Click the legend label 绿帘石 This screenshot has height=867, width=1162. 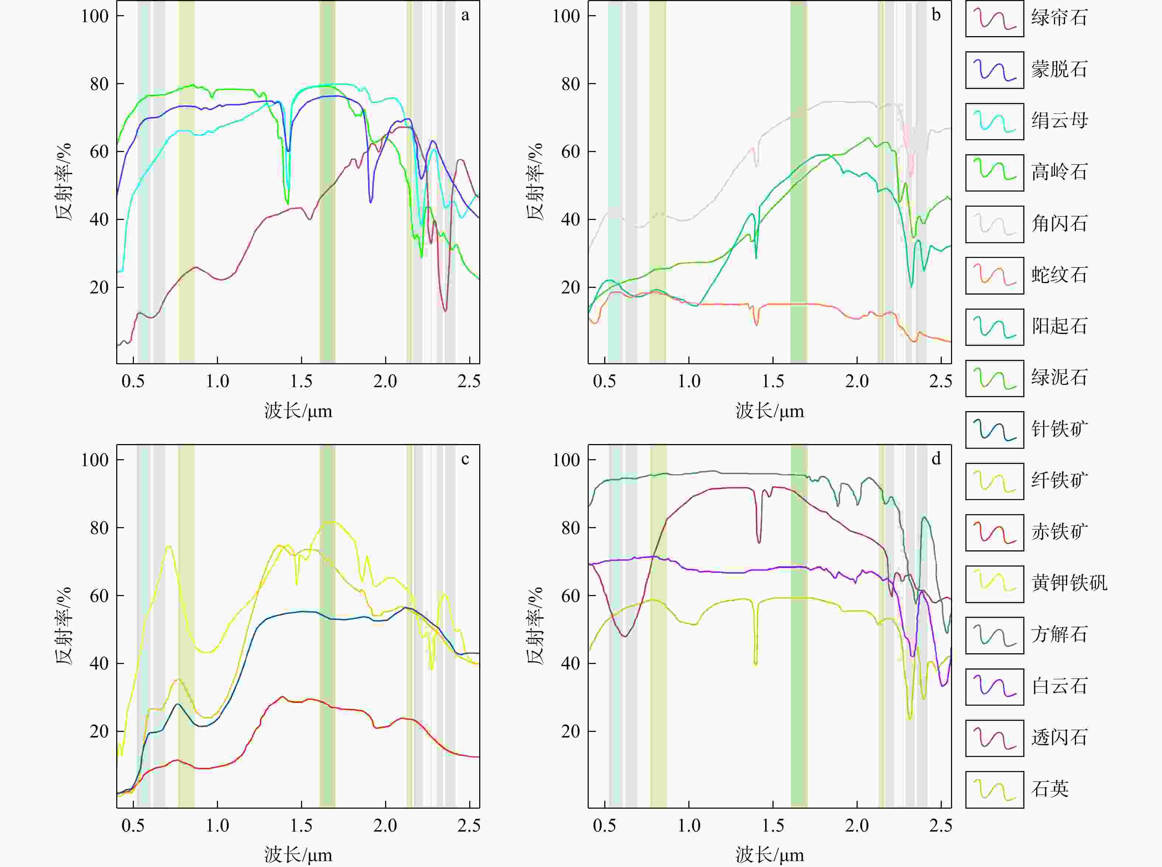1059,18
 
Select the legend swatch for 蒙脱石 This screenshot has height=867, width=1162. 995,70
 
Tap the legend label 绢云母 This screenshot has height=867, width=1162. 1059,121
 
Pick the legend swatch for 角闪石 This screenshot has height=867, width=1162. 995,224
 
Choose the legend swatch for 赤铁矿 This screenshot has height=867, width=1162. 995,533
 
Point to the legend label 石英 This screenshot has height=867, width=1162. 1050,789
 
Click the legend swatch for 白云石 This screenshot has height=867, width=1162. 995,687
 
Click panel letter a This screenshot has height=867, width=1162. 465,15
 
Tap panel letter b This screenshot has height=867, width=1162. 936,15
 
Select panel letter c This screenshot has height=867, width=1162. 465,459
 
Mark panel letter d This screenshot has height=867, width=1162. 936,459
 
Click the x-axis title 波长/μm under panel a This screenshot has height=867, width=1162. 298,411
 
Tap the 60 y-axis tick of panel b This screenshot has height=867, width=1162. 570,152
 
